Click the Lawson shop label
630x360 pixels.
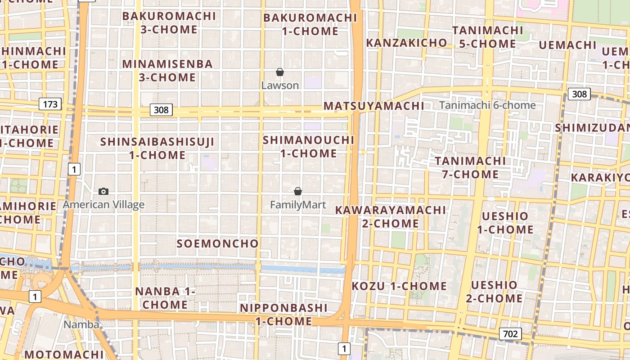(x=280, y=85)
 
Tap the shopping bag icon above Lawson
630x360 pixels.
(x=280, y=72)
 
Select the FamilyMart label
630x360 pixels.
(x=298, y=205)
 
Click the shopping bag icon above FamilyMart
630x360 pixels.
(x=297, y=191)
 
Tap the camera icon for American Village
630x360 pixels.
(x=103, y=191)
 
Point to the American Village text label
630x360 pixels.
(x=103, y=205)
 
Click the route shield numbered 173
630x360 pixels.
(x=50, y=104)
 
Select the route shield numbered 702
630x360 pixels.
(x=510, y=334)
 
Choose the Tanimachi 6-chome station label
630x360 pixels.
(x=487, y=105)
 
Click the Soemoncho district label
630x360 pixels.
(x=218, y=243)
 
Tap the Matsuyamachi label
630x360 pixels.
(x=373, y=106)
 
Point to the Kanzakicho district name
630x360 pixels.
(x=406, y=43)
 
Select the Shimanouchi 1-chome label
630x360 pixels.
(x=309, y=147)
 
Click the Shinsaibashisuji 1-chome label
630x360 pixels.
(x=157, y=148)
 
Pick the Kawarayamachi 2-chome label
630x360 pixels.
(x=390, y=216)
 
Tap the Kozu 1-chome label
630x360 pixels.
(x=399, y=286)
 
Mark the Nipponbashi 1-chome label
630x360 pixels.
(x=283, y=315)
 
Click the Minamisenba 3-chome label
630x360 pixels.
(x=167, y=71)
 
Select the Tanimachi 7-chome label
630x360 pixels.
(x=470, y=167)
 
